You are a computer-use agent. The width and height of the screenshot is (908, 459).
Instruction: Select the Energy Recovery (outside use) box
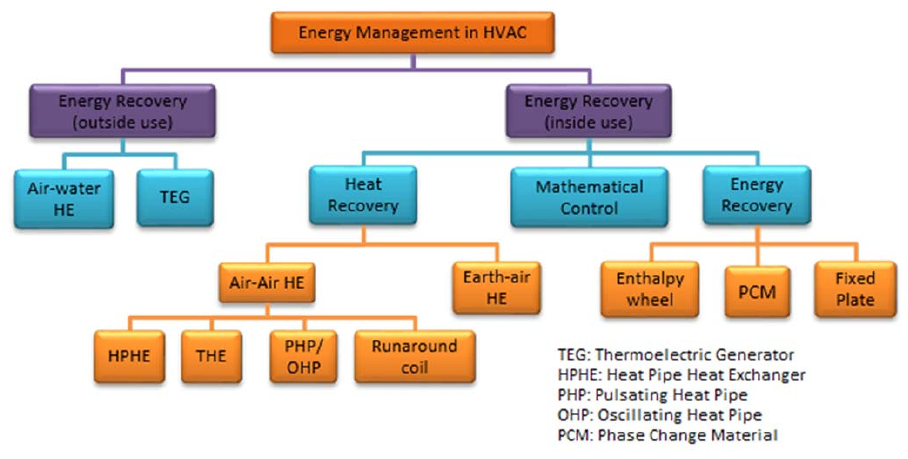tap(123, 111)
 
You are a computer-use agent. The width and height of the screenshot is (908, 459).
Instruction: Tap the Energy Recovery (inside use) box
tap(589, 111)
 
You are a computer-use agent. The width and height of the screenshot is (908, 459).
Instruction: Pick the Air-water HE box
tap(64, 199)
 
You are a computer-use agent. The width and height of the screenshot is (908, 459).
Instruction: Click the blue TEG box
tap(175, 197)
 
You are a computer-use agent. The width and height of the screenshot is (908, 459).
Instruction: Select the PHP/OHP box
tap(304, 357)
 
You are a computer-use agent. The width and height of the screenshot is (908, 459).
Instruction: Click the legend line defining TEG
tap(676, 355)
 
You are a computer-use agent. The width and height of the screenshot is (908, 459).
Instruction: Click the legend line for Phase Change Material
tap(668, 435)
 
